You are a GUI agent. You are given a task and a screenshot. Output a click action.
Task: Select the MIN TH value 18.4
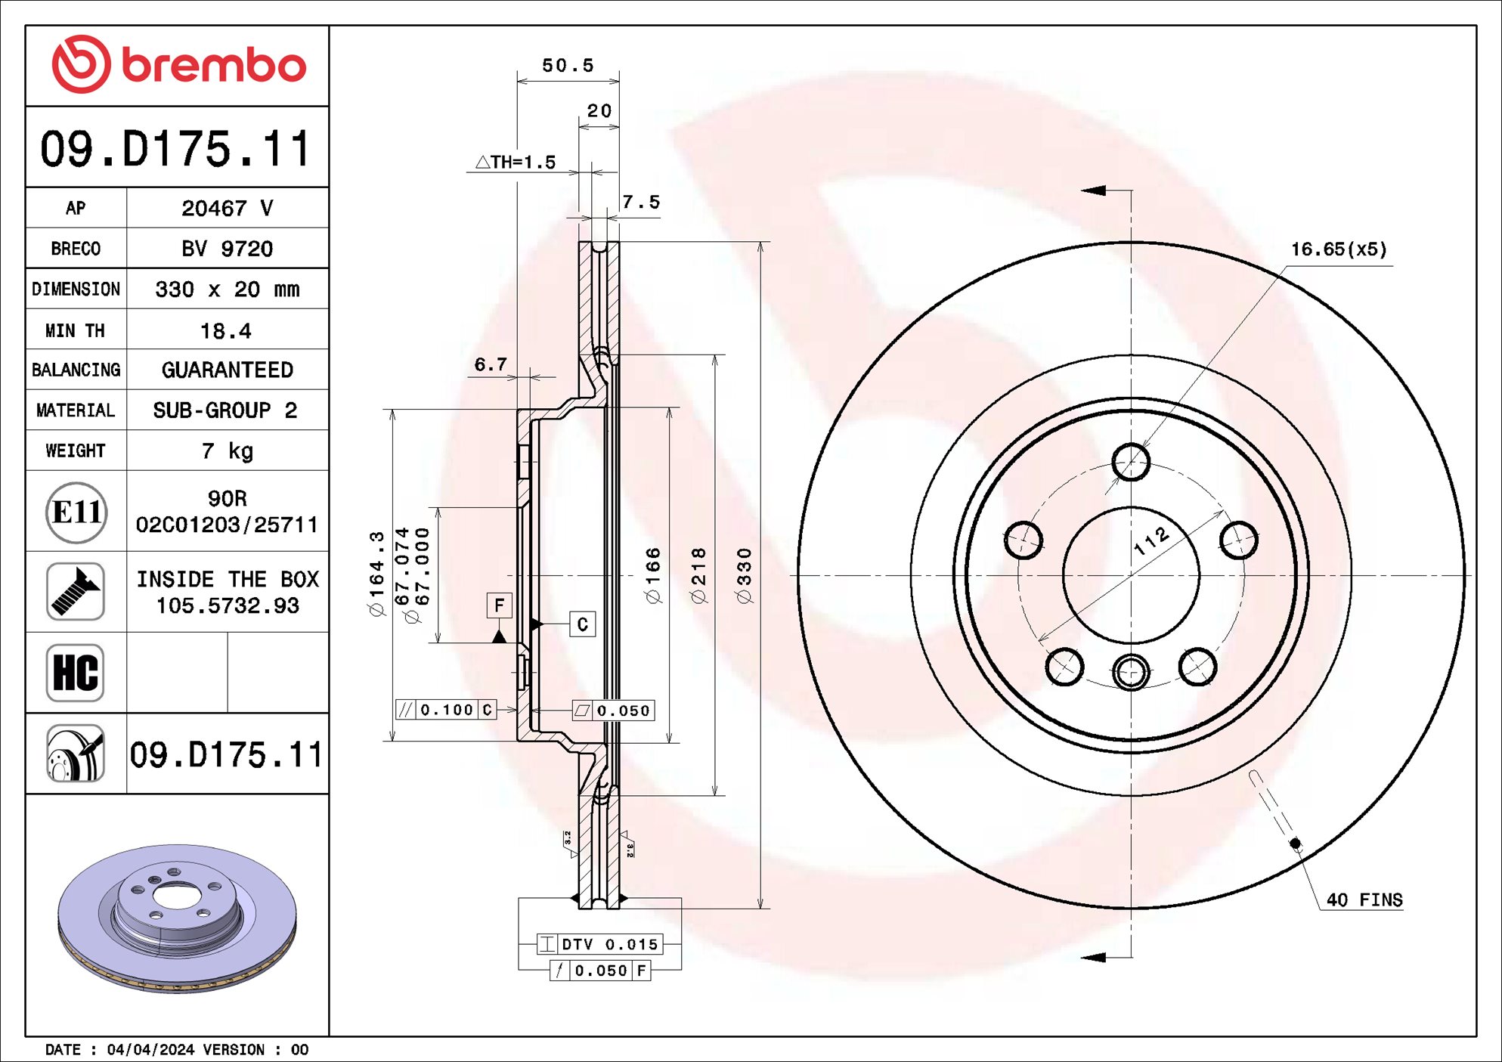pos(225,331)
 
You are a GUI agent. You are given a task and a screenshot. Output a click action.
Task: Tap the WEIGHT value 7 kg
pos(227,451)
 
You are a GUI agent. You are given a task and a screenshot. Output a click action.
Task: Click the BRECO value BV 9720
pos(227,249)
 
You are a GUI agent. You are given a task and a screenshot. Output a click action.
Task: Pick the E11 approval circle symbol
pos(76,512)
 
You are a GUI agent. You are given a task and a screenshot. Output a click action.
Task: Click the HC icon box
pos(76,673)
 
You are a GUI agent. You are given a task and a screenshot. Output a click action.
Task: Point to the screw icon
pos(76,592)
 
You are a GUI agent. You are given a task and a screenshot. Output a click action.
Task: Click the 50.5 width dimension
pos(568,66)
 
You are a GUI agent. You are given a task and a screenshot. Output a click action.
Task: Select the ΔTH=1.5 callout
pos(516,163)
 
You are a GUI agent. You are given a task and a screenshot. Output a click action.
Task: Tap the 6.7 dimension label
pos(490,364)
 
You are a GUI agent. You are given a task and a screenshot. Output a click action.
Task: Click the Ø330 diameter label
pos(745,575)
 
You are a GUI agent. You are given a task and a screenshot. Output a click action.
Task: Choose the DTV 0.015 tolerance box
pos(600,944)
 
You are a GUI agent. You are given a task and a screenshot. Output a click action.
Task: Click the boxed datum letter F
pos(499,605)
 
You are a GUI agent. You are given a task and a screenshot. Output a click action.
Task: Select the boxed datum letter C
pos(582,624)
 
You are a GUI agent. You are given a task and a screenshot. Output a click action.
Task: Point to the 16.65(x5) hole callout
pos(1338,249)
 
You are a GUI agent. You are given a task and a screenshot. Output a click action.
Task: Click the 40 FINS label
pos(1364,900)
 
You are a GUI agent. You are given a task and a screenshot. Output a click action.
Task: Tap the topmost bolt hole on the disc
pos(1131,462)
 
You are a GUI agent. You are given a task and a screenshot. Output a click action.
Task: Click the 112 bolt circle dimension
pos(1151,541)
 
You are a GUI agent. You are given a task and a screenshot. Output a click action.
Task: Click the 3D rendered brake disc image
pos(178,917)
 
